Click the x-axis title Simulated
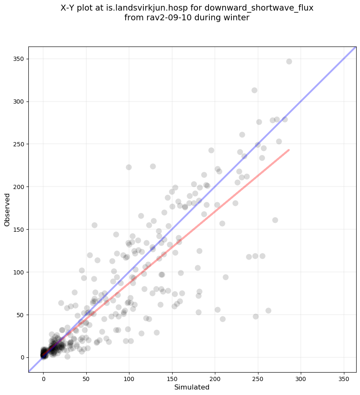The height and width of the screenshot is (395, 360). pyautogui.click(x=192, y=387)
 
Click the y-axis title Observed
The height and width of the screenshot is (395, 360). pyautogui.click(x=7, y=209)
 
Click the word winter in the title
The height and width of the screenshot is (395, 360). pyautogui.click(x=237, y=18)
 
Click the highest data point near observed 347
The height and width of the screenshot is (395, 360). pyautogui.click(x=289, y=61)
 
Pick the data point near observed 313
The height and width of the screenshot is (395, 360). pyautogui.click(x=254, y=90)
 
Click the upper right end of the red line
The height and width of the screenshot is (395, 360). pyautogui.click(x=289, y=150)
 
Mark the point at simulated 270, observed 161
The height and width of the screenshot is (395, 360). pyautogui.click(x=275, y=220)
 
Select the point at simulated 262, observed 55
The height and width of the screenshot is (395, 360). pyautogui.click(x=268, y=310)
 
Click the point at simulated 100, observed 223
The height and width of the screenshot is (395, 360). pyautogui.click(x=129, y=167)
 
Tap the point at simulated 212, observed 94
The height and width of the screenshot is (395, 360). pyautogui.click(x=225, y=277)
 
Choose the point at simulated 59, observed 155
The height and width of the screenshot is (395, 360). pyautogui.click(x=94, y=225)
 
